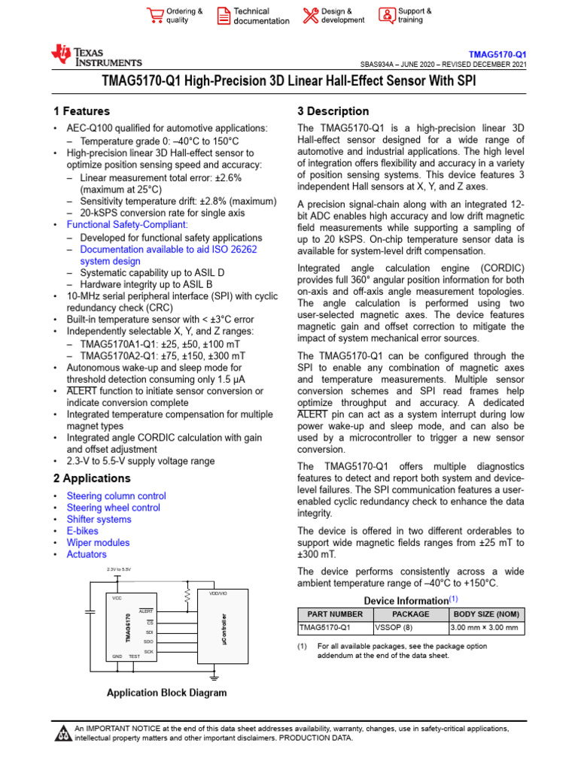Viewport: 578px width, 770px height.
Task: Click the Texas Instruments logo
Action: [96, 56]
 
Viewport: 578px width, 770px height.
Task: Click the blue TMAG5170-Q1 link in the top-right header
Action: [497, 55]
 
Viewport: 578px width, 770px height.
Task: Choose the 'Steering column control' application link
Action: [116, 496]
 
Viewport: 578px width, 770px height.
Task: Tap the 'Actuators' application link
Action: [87, 554]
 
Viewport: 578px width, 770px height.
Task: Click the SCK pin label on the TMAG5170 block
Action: [149, 651]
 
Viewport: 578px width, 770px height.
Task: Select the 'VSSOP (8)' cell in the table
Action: [411, 627]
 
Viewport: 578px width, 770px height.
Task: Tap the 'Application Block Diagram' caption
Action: [166, 693]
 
